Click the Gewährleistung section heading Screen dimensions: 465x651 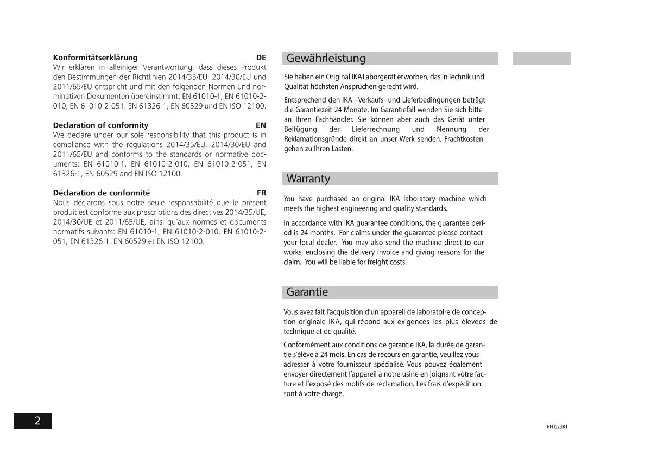click(x=326, y=59)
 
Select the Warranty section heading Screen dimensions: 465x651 click(x=308, y=179)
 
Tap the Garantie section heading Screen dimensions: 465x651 click(x=307, y=292)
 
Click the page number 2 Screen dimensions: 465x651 click(x=37, y=421)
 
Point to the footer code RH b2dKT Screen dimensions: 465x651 click(x=557, y=426)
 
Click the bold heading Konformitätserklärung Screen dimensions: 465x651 click(x=95, y=58)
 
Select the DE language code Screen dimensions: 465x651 click(x=261, y=58)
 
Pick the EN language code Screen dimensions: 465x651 click(x=261, y=125)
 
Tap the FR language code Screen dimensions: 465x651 click(x=262, y=193)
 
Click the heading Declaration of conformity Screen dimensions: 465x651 click(x=100, y=125)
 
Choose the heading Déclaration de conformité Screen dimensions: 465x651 click(x=102, y=193)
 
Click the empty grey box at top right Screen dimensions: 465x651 click(x=541, y=59)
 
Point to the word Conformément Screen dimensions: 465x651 click(x=307, y=345)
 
